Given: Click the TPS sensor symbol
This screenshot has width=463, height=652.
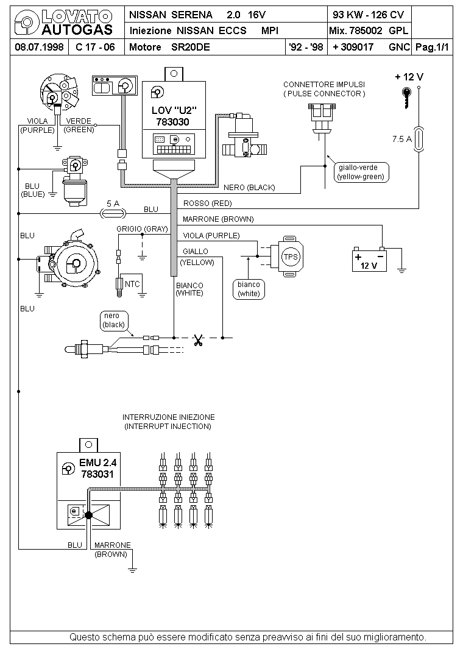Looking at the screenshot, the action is pos(288,256).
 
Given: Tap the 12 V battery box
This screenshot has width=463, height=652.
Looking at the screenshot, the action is pos(369,261).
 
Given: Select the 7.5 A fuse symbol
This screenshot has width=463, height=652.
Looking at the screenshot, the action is pos(419,139).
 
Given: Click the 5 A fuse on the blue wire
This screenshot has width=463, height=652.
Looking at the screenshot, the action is pos(113,213).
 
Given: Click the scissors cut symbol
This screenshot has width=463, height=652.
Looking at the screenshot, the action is pos(198,341).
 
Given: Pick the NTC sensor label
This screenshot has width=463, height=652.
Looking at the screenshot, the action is pos(132,284).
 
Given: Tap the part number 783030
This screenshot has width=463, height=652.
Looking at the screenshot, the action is pos(172,122).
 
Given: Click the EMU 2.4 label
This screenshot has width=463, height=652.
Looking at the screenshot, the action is pos(98,463).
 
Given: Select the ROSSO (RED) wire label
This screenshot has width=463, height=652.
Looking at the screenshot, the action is pos(207,204).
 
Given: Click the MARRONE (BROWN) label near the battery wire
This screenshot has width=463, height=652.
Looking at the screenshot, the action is pos(218,219).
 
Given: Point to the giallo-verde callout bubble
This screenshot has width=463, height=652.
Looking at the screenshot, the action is pos(361,172).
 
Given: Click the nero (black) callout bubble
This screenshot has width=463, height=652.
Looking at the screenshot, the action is pos(113,321).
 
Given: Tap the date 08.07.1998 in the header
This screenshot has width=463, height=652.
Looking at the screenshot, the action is pos(39,47).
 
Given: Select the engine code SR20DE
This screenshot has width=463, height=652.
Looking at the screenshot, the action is pos(190,47).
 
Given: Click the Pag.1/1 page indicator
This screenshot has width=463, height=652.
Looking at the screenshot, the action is pos(433,47).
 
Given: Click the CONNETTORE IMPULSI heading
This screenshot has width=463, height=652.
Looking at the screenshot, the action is pos(324,85).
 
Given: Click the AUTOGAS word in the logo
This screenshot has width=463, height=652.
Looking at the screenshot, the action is pos(77,29).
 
